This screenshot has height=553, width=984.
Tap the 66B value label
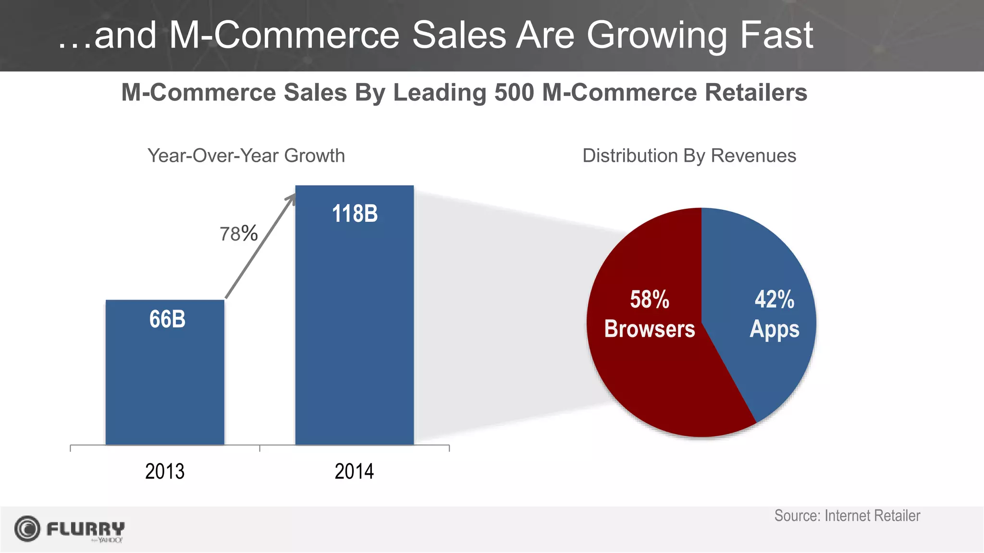tap(167, 319)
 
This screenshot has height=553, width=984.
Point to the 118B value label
tap(355, 214)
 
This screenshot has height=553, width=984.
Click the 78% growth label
tap(238, 234)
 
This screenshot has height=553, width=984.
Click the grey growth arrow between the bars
tap(259, 247)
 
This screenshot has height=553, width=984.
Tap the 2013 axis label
tap(165, 471)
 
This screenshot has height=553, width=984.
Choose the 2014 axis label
tap(354, 471)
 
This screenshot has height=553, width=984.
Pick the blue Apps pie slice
tap(769, 365)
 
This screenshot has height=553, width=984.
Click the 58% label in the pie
tap(650, 300)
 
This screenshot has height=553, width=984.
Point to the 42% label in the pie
tap(774, 300)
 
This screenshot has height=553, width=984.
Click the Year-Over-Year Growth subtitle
tap(246, 156)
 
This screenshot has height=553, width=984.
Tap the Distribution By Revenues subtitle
tap(689, 156)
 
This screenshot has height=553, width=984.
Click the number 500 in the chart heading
tap(514, 92)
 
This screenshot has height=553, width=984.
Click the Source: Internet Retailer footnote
tap(847, 516)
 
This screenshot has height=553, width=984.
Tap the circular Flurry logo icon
tap(27, 529)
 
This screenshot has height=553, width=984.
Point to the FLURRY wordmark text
tap(86, 529)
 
